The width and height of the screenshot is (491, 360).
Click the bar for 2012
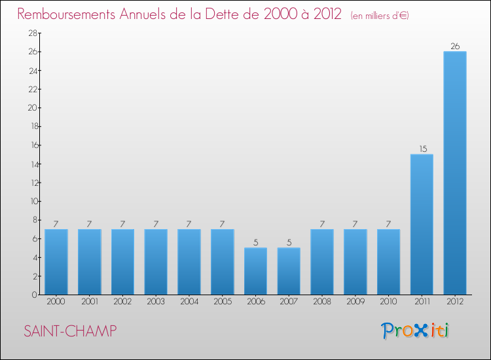click(454, 173)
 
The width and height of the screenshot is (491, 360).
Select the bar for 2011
click(422, 224)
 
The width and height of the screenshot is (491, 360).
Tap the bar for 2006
click(255, 271)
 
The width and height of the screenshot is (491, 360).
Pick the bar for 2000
click(56, 262)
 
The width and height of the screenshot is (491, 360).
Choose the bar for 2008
click(321, 262)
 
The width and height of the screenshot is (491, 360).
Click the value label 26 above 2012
click(454, 46)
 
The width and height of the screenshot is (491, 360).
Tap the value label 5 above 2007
click(289, 243)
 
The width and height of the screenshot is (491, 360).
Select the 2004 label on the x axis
click(189, 302)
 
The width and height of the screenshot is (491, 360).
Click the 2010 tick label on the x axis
click(388, 302)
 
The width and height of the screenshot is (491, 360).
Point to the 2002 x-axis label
click(122, 302)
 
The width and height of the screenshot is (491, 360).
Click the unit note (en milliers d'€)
click(380, 16)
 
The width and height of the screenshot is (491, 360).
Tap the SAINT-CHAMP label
click(70, 331)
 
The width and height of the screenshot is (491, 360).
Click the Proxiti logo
click(416, 331)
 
